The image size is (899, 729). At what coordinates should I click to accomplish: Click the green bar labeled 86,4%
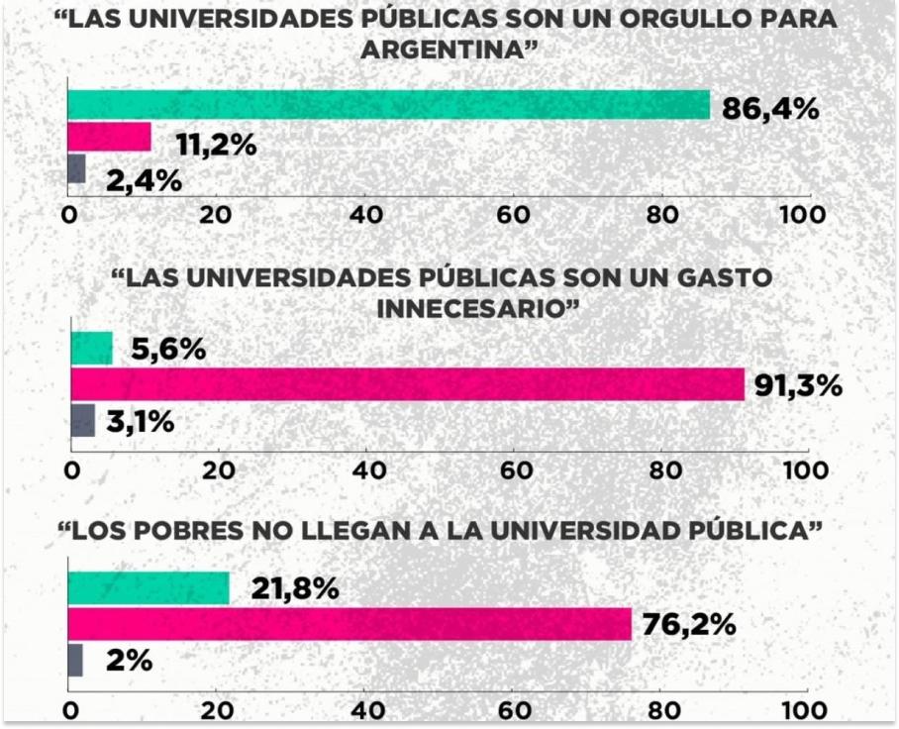pos(388,105)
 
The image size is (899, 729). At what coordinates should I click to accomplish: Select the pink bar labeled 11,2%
pos(109,138)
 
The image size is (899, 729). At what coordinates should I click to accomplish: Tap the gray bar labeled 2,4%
pos(76,169)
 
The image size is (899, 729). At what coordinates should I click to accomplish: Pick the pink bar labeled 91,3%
pos(407,384)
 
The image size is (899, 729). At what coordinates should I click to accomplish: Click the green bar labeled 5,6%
pos(91,349)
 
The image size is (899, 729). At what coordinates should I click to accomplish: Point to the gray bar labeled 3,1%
pos(82,420)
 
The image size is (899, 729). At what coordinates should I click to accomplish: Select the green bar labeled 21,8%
pos(149,588)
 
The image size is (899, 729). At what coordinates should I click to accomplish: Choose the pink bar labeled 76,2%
pos(350,624)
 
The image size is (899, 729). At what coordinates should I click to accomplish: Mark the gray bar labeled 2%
pos(75,660)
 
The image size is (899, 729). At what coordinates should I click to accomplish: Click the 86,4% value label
pos(770,108)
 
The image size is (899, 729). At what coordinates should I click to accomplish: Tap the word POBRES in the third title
pos(194,531)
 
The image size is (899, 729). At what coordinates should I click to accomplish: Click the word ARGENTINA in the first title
pos(442,51)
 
